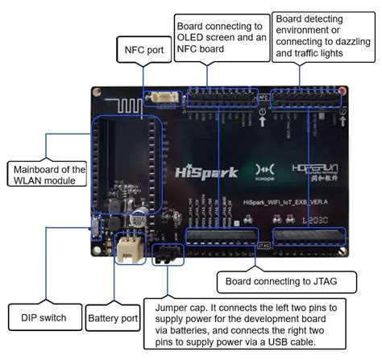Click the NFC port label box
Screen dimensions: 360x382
coord(144,49)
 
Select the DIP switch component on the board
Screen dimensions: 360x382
coord(95,229)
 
